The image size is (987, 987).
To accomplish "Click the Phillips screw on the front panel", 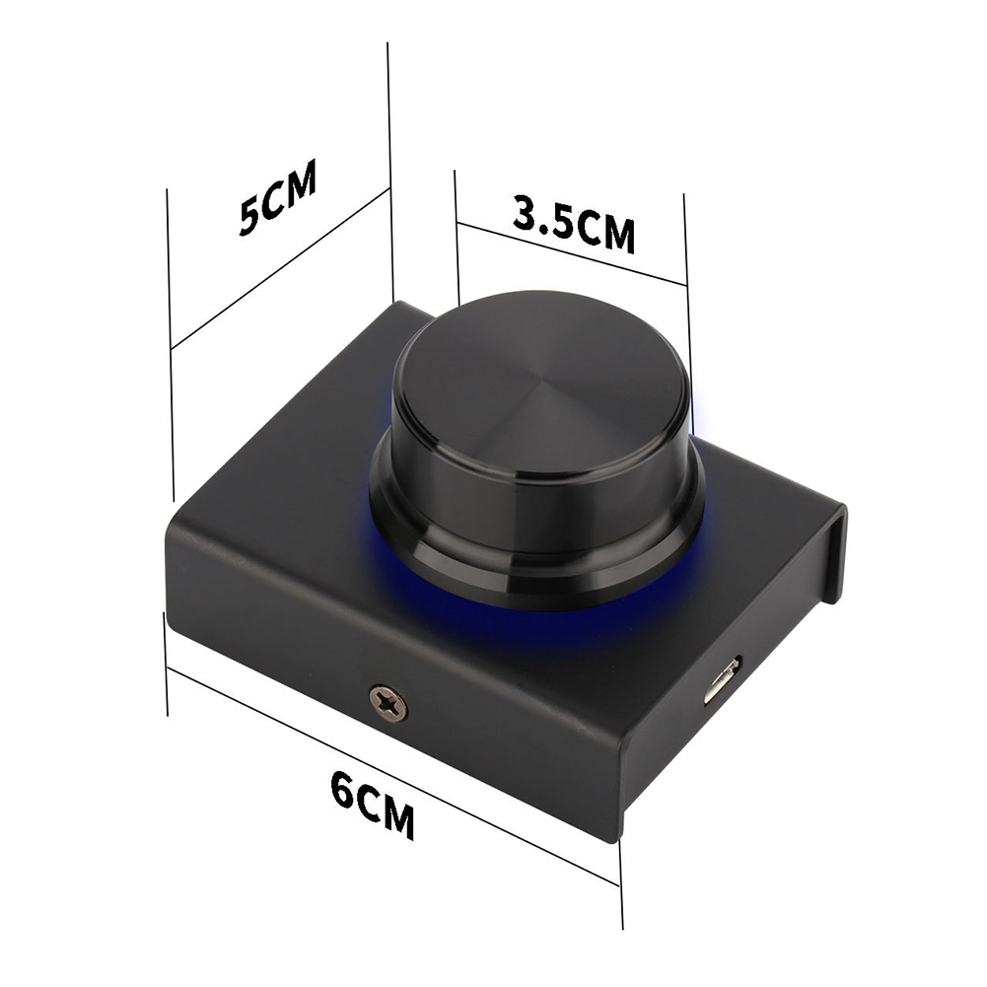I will pyautogui.click(x=388, y=703).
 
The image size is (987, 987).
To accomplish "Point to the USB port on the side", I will pyautogui.click(x=722, y=681).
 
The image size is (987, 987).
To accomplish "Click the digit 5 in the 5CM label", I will pyautogui.click(x=249, y=215).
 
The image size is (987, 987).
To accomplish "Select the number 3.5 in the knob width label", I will pyautogui.click(x=542, y=216).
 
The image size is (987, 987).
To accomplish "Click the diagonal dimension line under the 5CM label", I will pyautogui.click(x=280, y=267).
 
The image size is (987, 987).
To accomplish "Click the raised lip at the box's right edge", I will pyautogui.click(x=834, y=552).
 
